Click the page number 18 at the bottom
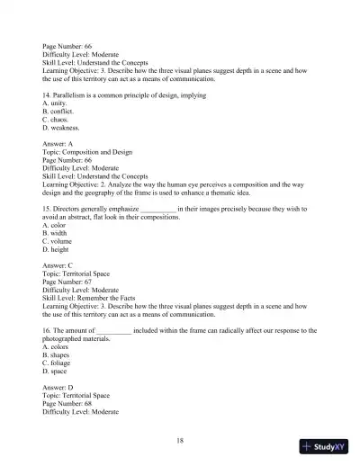click(180, 440)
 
